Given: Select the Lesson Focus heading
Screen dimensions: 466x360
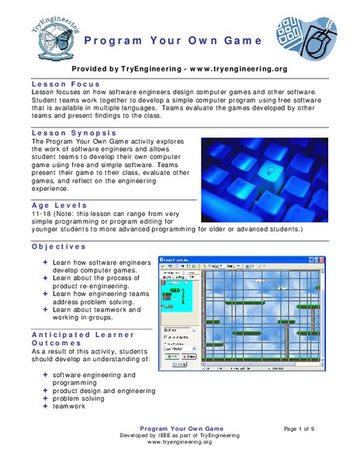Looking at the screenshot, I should pyautogui.click(x=63, y=82).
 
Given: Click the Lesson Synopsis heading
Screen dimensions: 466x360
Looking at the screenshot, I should pyautogui.click(x=72, y=134).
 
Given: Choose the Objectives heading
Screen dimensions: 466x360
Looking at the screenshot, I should pyautogui.click(x=59, y=245).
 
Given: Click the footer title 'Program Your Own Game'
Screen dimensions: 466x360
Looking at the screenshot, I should pyautogui.click(x=180, y=429).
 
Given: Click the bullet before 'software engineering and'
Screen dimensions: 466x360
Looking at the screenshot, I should pyautogui.click(x=46, y=374).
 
